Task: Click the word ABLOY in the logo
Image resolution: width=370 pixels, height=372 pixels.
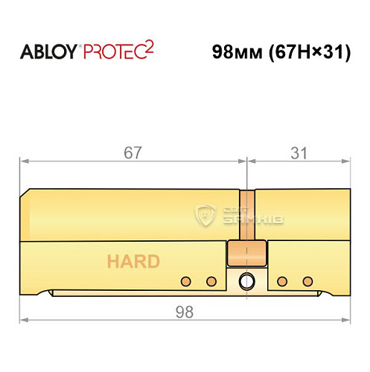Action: (x=48, y=53)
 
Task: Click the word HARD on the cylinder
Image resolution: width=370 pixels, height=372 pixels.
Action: (x=133, y=261)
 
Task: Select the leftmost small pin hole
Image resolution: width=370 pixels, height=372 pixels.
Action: (x=186, y=281)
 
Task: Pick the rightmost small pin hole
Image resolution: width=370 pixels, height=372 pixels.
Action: (x=307, y=281)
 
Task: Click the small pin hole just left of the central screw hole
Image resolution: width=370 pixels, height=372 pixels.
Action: (x=211, y=281)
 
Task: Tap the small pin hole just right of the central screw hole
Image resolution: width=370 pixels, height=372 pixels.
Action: (x=282, y=281)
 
